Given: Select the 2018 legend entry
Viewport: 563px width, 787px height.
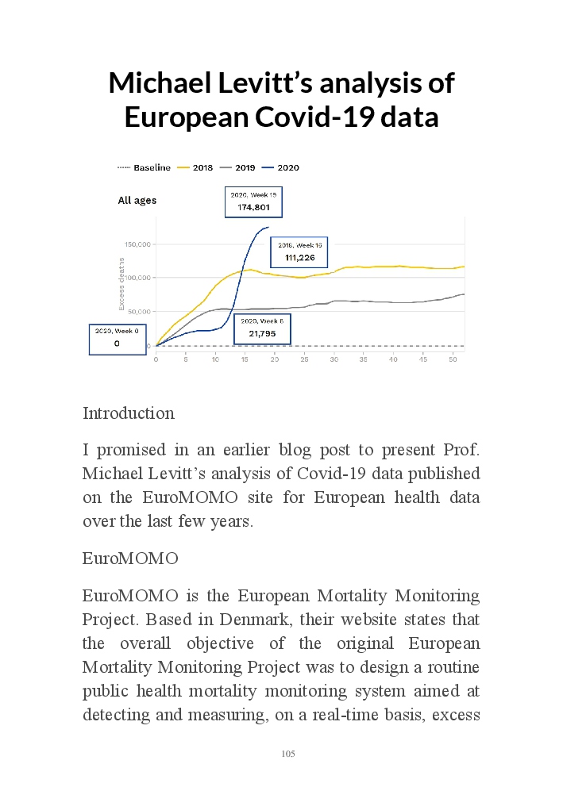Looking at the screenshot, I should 196,167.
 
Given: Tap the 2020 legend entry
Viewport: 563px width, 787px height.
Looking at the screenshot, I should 282,167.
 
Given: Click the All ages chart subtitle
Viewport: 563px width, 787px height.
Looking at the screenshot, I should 137,201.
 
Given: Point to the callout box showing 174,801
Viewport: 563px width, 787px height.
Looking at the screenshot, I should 253,202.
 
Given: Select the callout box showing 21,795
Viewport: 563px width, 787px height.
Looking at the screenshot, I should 262,328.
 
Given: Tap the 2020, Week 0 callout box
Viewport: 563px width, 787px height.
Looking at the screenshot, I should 117,338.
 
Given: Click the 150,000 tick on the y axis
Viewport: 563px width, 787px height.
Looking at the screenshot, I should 137,244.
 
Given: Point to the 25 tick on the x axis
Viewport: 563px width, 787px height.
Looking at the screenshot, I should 305,359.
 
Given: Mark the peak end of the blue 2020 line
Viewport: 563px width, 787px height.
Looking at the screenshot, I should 268,228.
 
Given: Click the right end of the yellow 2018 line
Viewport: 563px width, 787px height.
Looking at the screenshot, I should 464,267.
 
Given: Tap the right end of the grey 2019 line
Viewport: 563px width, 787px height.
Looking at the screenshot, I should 464,294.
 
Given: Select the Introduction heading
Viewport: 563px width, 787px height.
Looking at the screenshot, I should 129,413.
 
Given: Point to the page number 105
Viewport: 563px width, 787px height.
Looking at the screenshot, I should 288,754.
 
